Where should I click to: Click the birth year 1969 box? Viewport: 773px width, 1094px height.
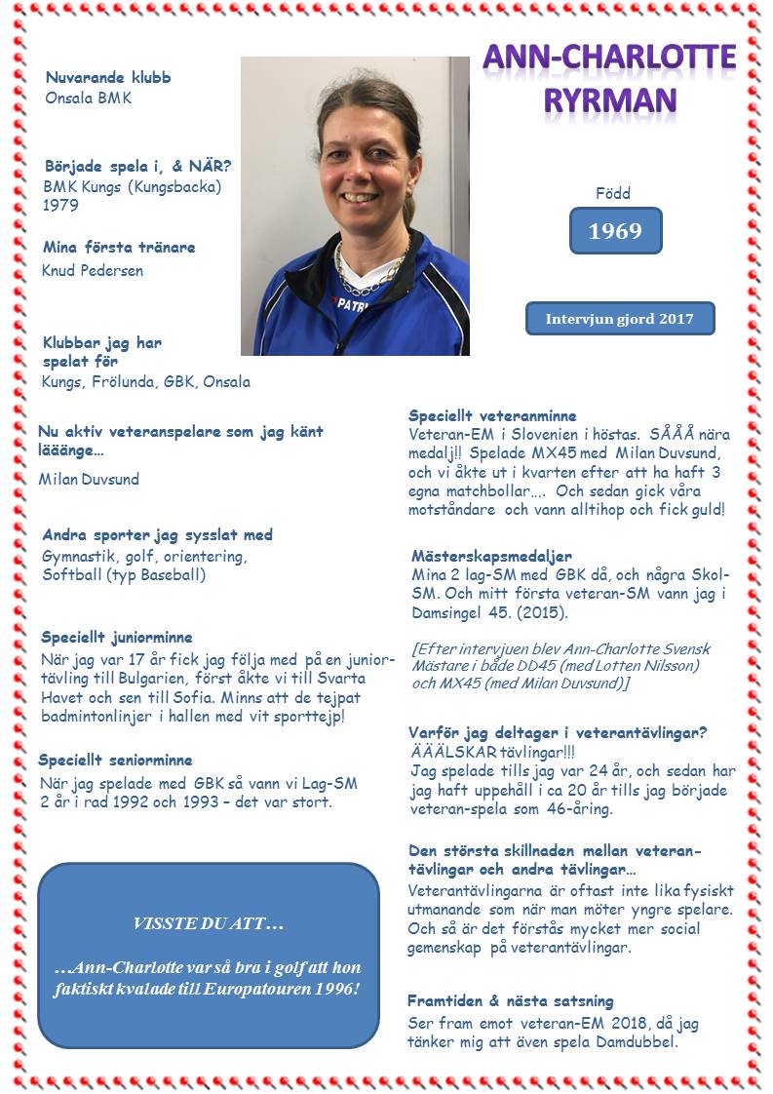coord(615,231)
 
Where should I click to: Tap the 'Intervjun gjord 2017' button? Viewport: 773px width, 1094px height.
coord(620,319)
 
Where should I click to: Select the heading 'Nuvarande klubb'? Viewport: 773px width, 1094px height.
coord(108,77)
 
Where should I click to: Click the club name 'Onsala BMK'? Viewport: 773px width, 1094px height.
coord(88,98)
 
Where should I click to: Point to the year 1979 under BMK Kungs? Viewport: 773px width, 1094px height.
coord(60,206)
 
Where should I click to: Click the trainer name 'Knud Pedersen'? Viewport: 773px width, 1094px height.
coord(93,270)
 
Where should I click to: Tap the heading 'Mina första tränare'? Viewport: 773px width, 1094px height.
coord(119,247)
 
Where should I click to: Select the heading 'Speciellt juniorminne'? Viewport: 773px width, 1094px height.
coord(117,637)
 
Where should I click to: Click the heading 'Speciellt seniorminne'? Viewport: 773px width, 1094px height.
coord(115,760)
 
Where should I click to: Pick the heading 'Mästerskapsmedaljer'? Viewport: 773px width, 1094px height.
coord(491,556)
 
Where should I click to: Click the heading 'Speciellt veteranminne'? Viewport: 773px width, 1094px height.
coord(492,415)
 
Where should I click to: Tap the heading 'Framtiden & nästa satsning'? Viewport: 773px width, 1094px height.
coord(510,1001)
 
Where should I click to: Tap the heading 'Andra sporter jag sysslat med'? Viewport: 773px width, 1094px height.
coord(157,535)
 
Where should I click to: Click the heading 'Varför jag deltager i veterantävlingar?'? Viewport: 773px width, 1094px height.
coord(558,732)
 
